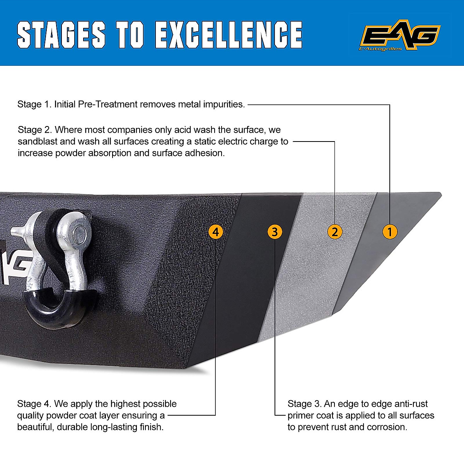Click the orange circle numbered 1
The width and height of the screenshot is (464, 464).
coord(390,232)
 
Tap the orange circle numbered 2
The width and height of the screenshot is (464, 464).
coord(335,232)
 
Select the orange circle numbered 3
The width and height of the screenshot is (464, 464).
coord(275,232)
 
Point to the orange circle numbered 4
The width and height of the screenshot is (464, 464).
coord(216,232)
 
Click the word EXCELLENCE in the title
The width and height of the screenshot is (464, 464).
coord(229,35)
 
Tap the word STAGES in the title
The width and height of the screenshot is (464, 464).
coord(61,35)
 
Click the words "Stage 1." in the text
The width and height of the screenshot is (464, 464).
coord(34,104)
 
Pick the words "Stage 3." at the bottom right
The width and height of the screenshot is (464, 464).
coord(304,404)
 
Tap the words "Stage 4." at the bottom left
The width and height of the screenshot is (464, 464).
coord(34,404)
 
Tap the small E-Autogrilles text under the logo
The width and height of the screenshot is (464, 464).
coord(381,49)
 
